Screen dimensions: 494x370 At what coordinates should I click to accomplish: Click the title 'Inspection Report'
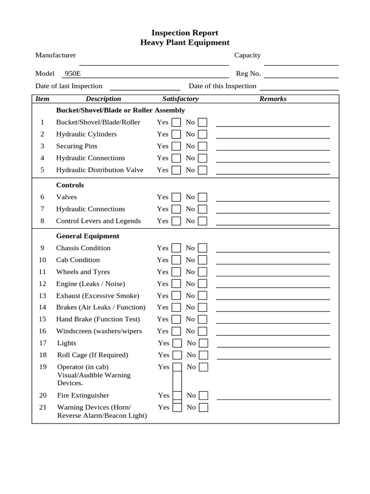click(x=185, y=33)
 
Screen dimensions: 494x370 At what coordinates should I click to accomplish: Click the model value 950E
click(x=73, y=74)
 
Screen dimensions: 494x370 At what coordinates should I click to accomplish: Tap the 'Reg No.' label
click(x=248, y=74)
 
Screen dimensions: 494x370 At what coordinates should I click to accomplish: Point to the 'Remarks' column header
click(x=273, y=99)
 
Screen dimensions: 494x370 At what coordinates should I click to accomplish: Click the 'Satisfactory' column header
click(x=180, y=99)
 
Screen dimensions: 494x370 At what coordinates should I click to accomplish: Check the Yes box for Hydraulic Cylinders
click(x=176, y=134)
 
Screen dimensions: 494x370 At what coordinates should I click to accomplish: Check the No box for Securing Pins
click(x=203, y=146)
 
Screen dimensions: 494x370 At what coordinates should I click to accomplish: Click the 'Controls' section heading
click(x=70, y=185)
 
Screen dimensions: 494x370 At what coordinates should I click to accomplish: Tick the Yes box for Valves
click(x=176, y=197)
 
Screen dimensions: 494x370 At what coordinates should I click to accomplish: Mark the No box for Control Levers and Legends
click(x=203, y=221)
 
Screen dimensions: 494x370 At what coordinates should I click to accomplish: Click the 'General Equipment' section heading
click(x=88, y=236)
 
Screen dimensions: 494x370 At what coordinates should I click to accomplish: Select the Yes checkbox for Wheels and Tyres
click(x=176, y=272)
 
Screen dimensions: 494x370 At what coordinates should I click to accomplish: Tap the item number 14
click(x=42, y=307)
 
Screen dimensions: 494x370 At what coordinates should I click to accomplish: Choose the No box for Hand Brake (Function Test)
click(x=203, y=319)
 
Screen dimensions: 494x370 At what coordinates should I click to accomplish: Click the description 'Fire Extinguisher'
click(x=83, y=396)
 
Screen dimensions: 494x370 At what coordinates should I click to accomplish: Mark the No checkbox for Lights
click(x=204, y=343)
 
